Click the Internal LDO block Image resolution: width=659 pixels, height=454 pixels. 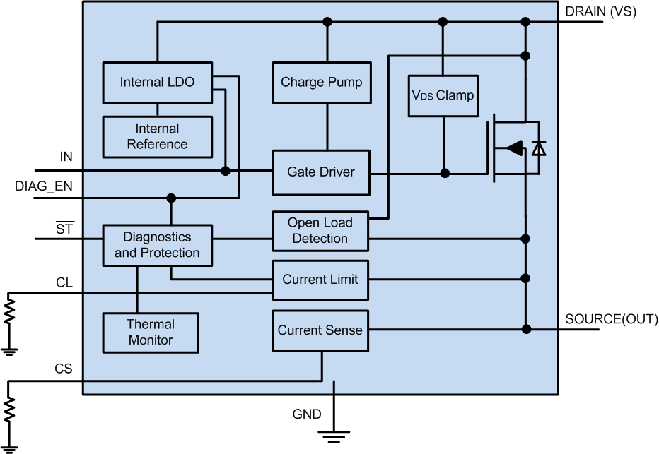pyautogui.click(x=157, y=83)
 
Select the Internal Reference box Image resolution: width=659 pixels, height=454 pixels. pyautogui.click(x=157, y=136)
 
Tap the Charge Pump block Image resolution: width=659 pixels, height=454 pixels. pyautogui.click(x=321, y=83)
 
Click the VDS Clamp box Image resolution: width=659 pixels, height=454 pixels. pyautogui.click(x=443, y=95)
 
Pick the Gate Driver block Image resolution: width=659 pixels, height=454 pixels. pyautogui.click(x=321, y=172)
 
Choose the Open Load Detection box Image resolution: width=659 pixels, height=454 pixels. pyautogui.click(x=321, y=231)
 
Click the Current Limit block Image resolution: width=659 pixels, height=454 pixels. pyautogui.click(x=321, y=280)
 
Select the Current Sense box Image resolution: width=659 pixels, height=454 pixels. pyautogui.click(x=321, y=330)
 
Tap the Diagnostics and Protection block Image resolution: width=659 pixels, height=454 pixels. pyautogui.click(x=157, y=245)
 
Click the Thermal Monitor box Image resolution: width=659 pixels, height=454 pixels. pyautogui.click(x=151, y=333)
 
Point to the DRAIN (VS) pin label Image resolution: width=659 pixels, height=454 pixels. pyautogui.click(x=601, y=11)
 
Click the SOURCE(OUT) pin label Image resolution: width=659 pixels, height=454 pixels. pyautogui.click(x=611, y=318)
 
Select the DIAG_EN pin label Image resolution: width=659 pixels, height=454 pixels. pyautogui.click(x=43, y=186)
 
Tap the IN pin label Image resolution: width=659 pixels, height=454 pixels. pyautogui.click(x=66, y=157)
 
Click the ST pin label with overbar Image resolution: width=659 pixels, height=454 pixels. pyautogui.click(x=64, y=227)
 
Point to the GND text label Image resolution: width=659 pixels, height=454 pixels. pyautogui.click(x=306, y=414)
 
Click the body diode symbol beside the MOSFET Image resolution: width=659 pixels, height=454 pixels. pyautogui.click(x=539, y=148)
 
